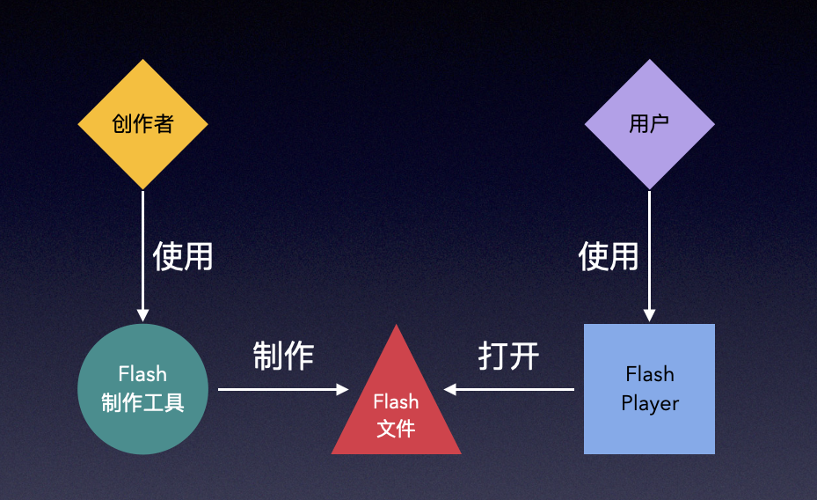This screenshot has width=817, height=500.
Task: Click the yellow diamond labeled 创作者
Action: click(142, 124)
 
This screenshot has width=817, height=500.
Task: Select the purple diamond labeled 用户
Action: click(649, 124)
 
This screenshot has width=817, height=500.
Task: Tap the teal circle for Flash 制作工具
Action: click(142, 389)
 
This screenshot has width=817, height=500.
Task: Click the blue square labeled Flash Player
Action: click(649, 389)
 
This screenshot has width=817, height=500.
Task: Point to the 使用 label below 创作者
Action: click(183, 256)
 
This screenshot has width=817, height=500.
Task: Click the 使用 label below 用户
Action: click(609, 256)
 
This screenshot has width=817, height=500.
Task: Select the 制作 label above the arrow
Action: click(283, 356)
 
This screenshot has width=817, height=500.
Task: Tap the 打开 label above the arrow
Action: click(508, 356)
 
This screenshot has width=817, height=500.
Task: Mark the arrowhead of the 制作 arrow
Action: click(343, 389)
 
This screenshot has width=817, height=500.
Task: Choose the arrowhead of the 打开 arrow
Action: click(449, 389)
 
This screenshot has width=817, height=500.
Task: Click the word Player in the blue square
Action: click(650, 404)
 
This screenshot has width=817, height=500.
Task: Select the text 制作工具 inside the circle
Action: click(142, 403)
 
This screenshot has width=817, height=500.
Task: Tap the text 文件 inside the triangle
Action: click(396, 429)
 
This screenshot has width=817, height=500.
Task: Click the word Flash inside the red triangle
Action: click(396, 401)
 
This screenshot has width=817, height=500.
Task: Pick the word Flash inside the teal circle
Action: click(142, 374)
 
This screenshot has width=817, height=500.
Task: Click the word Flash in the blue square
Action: click(650, 374)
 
